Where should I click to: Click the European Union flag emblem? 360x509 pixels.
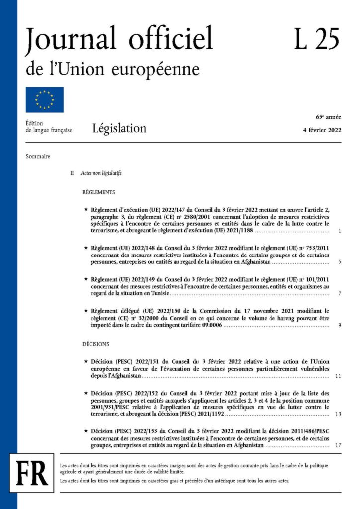coord(45,100)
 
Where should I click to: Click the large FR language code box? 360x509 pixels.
coord(32,475)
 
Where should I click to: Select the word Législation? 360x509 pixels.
coord(119,129)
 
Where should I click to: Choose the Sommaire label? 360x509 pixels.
coord(38,156)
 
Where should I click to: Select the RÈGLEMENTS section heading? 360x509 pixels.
coord(98,192)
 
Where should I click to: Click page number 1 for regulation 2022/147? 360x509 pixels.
coord(339,231)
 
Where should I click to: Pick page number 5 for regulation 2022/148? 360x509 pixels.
coord(339,261)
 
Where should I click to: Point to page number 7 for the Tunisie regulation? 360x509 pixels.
coord(339,294)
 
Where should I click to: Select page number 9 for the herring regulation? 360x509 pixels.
coord(339,325)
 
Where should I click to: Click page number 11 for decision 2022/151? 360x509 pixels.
coord(338,376)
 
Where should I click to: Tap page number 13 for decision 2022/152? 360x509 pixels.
coord(338,414)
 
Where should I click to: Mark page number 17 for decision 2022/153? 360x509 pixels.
coord(338,445)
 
